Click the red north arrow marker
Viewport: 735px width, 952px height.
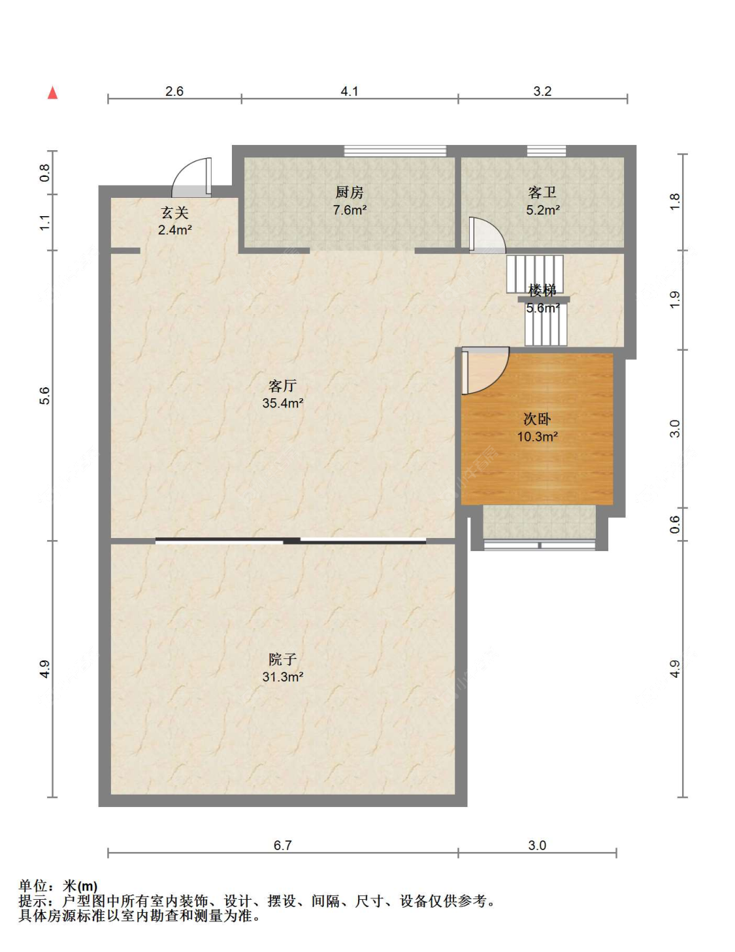click(x=53, y=93)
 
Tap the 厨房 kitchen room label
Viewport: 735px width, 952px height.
click(x=350, y=193)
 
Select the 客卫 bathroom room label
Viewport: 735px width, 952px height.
click(x=542, y=193)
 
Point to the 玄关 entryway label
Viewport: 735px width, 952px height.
click(x=175, y=213)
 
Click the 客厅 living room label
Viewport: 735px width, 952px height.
click(x=283, y=385)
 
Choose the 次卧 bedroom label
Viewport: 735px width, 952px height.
click(x=537, y=419)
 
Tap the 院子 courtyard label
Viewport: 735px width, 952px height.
click(x=283, y=659)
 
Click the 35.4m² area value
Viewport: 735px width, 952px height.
click(x=283, y=403)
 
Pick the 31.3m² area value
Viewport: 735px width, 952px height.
click(x=283, y=677)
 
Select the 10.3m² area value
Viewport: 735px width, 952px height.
click(x=537, y=437)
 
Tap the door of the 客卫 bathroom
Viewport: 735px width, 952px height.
click(x=487, y=235)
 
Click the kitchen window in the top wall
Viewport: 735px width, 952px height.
click(x=395, y=151)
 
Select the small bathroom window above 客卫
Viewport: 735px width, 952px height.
click(x=546, y=151)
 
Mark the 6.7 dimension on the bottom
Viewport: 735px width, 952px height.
click(x=283, y=845)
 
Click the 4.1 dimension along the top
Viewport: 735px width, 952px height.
click(x=350, y=91)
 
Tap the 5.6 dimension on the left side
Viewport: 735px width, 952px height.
click(x=45, y=396)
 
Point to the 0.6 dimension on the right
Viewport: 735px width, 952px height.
click(x=675, y=524)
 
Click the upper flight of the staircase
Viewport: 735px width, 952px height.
click(x=534, y=274)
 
